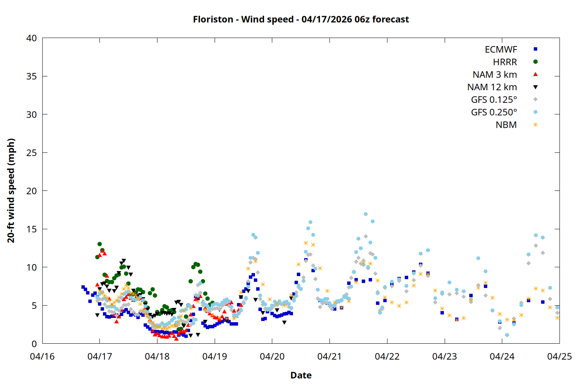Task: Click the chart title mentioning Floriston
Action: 301,19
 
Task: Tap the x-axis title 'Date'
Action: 301,375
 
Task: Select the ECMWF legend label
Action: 501,50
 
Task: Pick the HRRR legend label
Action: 505,62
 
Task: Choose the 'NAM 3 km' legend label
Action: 495,74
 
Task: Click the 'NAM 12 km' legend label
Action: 492,87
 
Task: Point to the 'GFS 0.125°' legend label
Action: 494,100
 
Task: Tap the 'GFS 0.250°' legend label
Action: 494,112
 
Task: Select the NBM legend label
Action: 506,125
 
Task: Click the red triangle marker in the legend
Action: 535,74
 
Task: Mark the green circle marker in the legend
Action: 535,62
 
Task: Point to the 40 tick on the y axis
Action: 31,38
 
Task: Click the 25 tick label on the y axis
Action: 31,153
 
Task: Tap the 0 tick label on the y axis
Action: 34,344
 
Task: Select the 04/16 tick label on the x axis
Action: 42,356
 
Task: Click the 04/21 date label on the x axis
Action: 329,356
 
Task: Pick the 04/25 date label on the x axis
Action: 559,356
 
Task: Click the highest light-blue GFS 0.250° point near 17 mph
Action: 366,214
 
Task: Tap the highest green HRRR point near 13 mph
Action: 99,244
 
